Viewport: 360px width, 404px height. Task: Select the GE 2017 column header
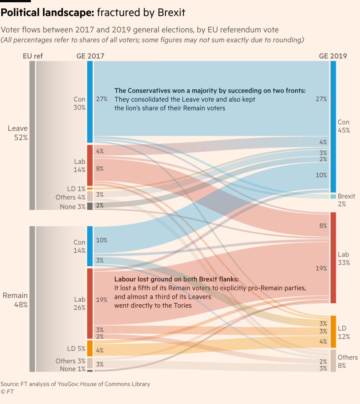click(x=90, y=56)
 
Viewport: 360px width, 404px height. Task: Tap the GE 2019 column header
click(x=333, y=56)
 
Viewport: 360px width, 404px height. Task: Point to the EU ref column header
click(x=33, y=56)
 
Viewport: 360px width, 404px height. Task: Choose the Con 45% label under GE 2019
click(x=343, y=126)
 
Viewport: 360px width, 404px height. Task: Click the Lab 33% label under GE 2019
click(x=343, y=258)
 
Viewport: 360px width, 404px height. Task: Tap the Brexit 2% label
click(x=346, y=200)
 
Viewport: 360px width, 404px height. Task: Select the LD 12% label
click(x=343, y=332)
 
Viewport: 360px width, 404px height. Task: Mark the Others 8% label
click(x=348, y=361)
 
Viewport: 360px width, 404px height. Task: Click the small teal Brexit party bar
click(x=333, y=196)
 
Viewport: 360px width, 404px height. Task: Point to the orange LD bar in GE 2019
click(x=333, y=332)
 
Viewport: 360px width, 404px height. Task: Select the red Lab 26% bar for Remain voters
click(x=90, y=303)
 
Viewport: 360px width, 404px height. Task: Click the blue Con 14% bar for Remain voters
click(x=90, y=246)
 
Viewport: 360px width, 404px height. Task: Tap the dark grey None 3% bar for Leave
click(x=90, y=206)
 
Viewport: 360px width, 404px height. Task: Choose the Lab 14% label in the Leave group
click(x=79, y=166)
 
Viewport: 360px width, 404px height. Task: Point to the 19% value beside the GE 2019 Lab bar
click(x=321, y=268)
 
